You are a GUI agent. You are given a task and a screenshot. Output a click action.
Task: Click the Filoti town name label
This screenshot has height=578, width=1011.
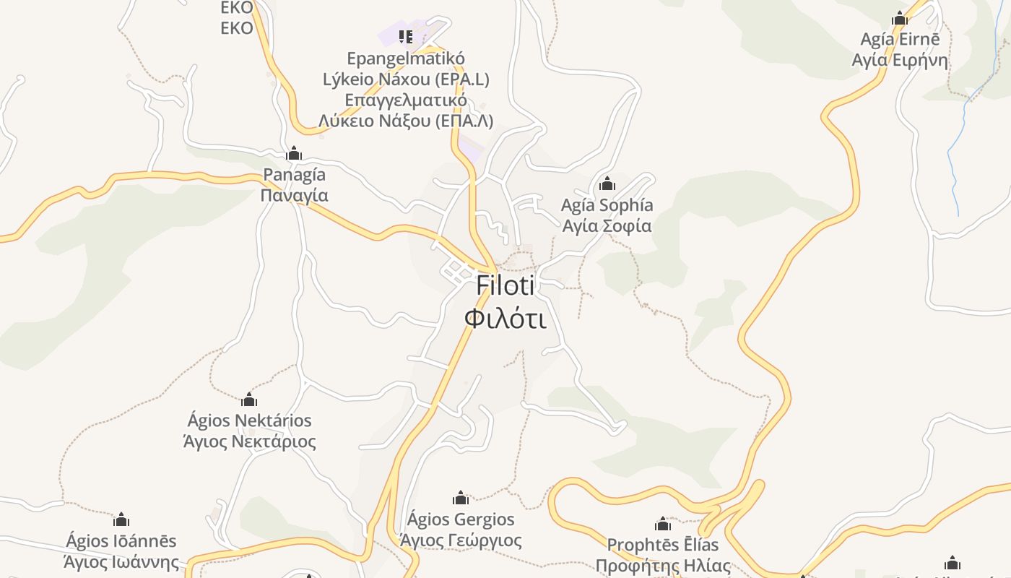pos(505,286)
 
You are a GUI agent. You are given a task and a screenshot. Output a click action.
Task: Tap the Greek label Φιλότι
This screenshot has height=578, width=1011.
pos(505,318)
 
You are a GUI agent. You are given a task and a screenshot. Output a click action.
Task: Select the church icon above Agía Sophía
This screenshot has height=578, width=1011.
pos(607,184)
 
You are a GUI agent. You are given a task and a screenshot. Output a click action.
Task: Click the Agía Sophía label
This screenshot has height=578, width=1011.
pos(607,205)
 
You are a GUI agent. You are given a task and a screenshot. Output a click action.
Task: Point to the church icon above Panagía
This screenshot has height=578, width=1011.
pos(294,154)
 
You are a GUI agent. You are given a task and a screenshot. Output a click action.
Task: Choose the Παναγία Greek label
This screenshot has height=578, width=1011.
pos(294,196)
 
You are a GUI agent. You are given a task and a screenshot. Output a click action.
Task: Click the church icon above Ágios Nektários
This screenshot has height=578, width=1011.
pos(249,400)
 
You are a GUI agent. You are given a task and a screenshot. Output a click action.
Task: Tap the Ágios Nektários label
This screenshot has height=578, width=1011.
pos(249,420)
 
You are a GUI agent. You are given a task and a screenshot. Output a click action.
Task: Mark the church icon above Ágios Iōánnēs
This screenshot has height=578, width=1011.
pos(121,519)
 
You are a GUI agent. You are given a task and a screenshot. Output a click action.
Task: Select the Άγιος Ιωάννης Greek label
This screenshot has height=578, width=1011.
pos(121,562)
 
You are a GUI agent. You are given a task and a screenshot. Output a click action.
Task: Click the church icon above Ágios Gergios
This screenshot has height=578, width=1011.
pos(461,498)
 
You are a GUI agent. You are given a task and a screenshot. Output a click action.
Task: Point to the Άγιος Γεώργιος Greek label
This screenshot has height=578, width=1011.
pos(461,540)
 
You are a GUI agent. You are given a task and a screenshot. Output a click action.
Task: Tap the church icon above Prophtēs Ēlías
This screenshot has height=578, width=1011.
pos(663,524)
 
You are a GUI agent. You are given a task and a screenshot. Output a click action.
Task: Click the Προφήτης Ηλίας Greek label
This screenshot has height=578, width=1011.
pos(663,566)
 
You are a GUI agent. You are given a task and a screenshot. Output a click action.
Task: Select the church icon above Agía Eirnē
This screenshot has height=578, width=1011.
pos(900,18)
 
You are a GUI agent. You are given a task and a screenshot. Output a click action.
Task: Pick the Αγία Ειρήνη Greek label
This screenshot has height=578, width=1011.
pos(900,60)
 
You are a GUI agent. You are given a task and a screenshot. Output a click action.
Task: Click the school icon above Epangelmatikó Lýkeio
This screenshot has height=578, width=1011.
pos(406,36)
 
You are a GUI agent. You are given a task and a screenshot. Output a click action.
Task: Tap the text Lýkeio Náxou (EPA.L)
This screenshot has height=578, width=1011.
pos(406,79)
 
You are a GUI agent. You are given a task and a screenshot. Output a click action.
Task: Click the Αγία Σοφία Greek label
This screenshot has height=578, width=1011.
pos(607,226)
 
